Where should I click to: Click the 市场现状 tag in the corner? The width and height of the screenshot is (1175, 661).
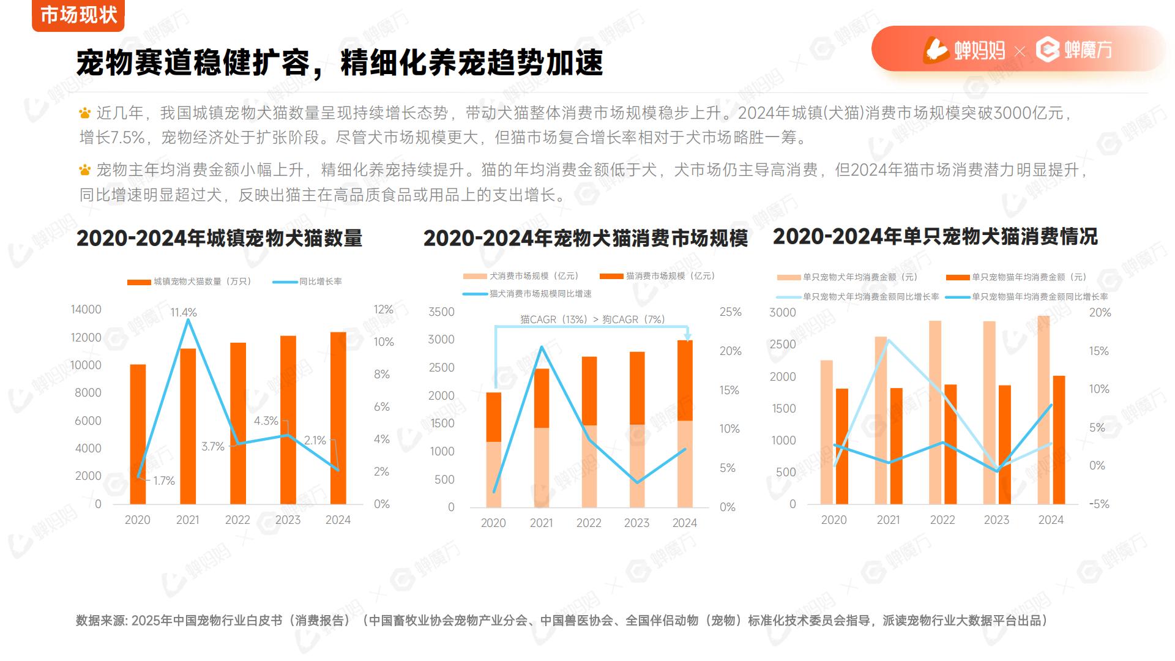coord(78,15)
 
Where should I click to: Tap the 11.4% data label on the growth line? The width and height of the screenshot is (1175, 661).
coord(183,313)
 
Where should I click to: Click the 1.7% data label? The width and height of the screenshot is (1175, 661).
coord(164,481)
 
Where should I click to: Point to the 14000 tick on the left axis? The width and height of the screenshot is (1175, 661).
coord(86,310)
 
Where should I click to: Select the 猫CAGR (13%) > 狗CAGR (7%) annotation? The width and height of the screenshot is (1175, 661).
coord(592,319)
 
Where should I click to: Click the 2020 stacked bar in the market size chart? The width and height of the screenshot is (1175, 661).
coord(493,450)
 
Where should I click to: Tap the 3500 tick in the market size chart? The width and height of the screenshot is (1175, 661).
coord(441,312)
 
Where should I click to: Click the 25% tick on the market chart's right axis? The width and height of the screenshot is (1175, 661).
coord(730,312)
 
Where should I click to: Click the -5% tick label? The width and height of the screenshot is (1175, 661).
coord(1099,504)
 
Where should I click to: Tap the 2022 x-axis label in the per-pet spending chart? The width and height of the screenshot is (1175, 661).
coord(942,520)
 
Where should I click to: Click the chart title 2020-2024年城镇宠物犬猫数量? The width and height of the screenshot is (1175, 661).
coord(219,238)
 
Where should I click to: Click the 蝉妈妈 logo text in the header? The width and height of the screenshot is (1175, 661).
coord(979,50)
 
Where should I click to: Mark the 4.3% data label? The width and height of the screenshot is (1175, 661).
coord(266,421)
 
